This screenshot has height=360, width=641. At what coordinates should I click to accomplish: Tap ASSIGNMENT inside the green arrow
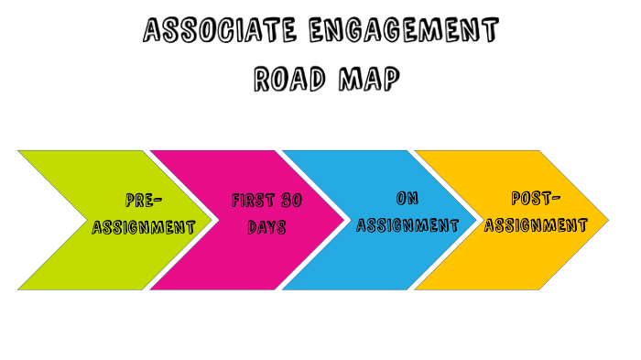[x=144, y=227]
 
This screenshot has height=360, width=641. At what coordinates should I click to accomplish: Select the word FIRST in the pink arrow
[x=253, y=200]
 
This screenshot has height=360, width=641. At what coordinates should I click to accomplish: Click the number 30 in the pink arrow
[x=291, y=200]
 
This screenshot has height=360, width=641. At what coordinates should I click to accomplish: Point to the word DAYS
[x=266, y=226]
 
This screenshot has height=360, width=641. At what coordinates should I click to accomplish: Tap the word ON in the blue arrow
[x=407, y=198]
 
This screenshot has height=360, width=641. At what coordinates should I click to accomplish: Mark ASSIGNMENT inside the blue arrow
[x=407, y=225]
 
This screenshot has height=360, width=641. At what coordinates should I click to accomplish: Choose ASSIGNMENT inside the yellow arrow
[x=536, y=225]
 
